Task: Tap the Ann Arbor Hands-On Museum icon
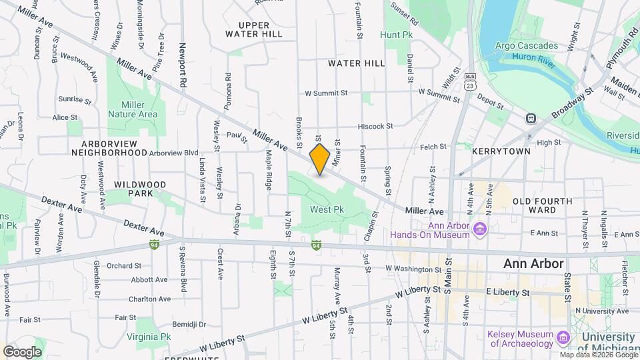click(479, 230)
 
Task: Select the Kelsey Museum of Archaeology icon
click(563, 338)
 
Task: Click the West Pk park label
click(327, 209)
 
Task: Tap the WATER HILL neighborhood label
click(357, 63)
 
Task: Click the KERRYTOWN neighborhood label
click(501, 151)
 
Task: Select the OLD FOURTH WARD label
click(542, 205)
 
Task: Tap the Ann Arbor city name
click(533, 263)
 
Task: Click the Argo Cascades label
click(527, 45)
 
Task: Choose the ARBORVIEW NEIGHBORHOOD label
click(109, 148)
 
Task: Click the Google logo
click(22, 351)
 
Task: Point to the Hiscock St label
click(376, 125)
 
